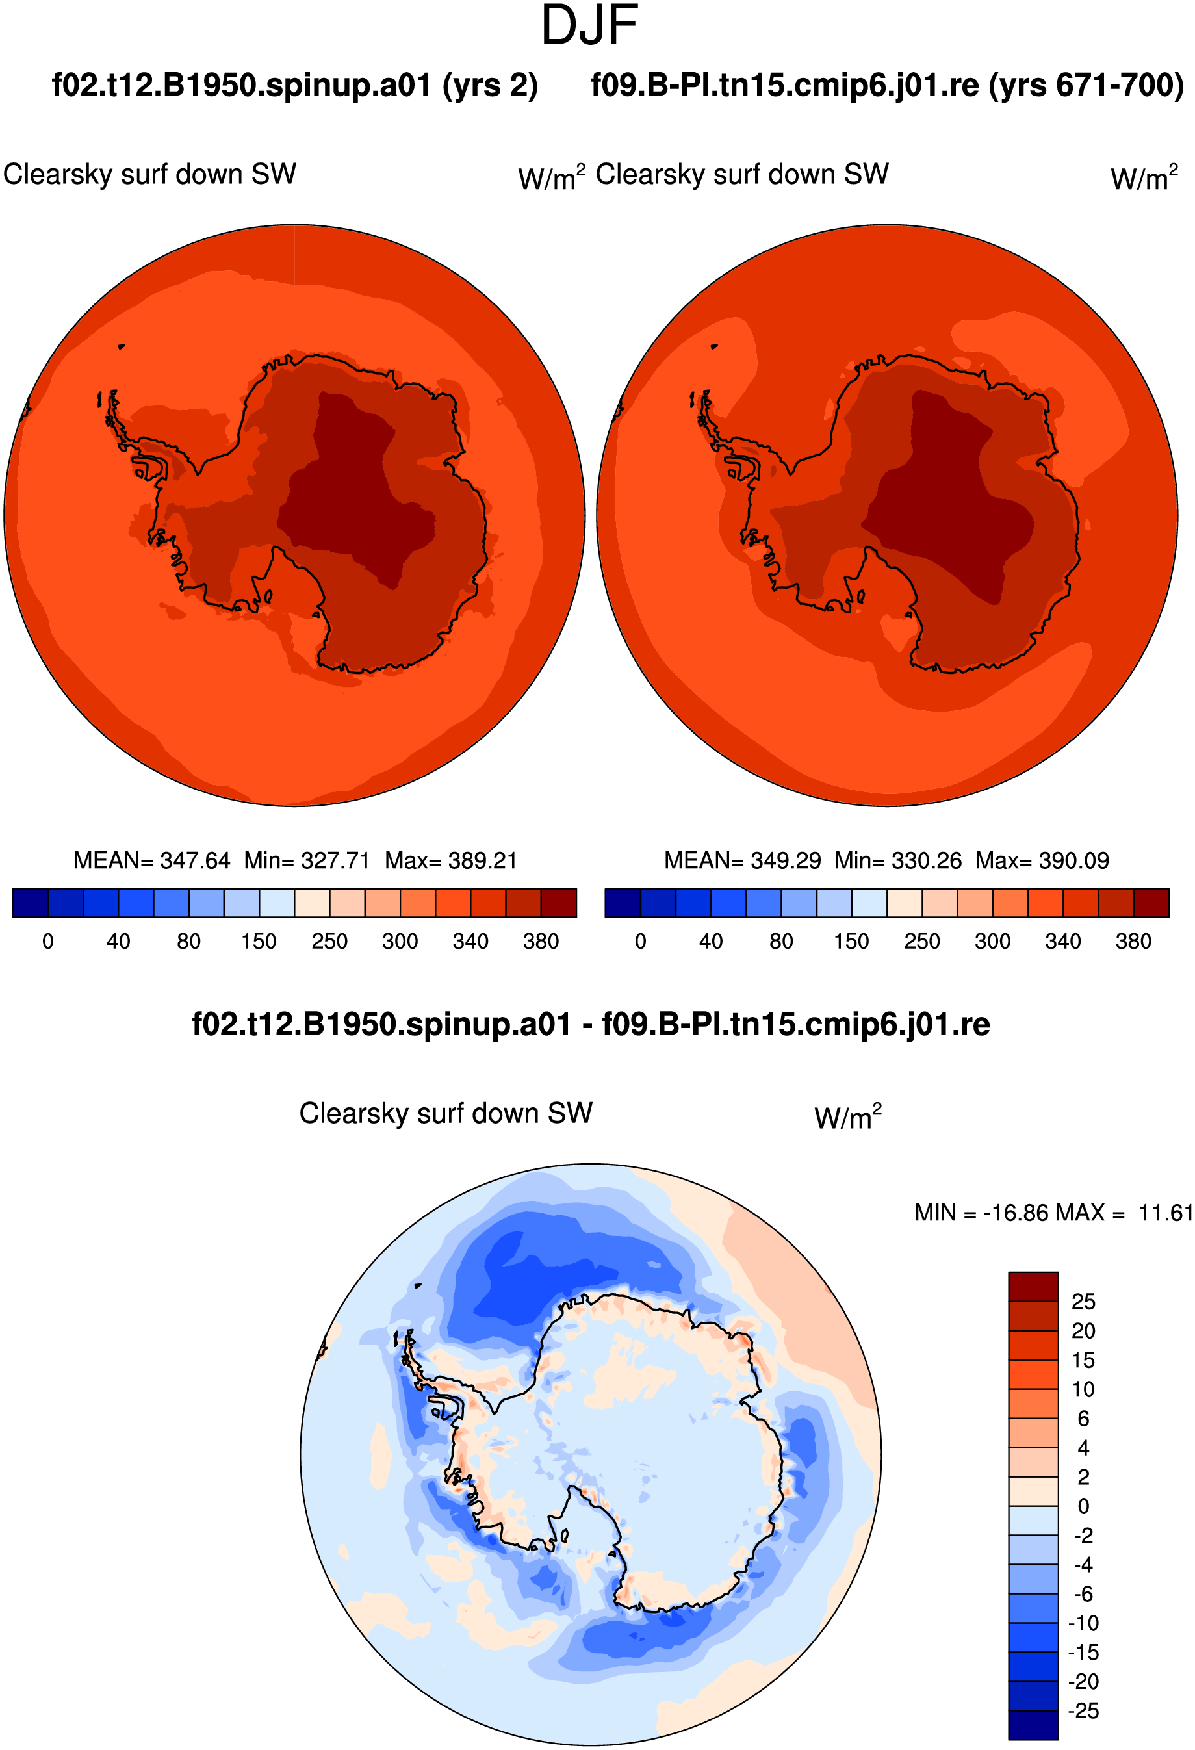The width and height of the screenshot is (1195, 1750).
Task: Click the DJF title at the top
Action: [x=589, y=25]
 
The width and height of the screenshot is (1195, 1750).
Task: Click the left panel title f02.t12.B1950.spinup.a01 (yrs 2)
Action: [x=294, y=86]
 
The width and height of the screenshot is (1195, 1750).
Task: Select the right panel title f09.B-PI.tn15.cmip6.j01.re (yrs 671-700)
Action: [x=887, y=86]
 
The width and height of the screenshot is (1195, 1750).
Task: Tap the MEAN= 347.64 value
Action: [x=151, y=860]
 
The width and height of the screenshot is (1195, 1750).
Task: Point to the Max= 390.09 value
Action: [x=1042, y=860]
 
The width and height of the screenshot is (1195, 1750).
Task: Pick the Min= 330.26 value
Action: [x=898, y=860]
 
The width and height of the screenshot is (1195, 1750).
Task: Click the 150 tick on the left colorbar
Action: [x=259, y=941]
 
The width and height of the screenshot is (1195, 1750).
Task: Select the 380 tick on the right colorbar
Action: [x=1133, y=941]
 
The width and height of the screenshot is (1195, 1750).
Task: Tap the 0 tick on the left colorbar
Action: [x=48, y=941]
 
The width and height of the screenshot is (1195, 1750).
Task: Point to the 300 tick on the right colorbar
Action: [x=992, y=941]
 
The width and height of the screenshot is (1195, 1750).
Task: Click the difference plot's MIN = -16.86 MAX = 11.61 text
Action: [x=1054, y=1213]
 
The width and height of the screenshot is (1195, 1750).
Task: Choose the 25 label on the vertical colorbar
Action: [x=1083, y=1301]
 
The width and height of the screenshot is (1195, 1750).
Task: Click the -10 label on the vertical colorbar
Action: [x=1083, y=1623]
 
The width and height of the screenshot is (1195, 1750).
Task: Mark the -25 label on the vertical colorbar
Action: [x=1083, y=1711]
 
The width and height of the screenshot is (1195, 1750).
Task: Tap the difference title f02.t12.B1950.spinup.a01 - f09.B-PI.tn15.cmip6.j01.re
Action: [x=591, y=1025]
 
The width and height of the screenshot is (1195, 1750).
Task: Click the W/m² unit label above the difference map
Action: [x=848, y=1116]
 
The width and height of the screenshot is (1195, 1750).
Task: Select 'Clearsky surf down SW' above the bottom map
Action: [x=446, y=1113]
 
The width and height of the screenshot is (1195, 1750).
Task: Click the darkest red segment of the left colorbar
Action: [x=559, y=903]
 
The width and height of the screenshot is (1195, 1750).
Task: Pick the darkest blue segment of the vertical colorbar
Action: [x=1033, y=1725]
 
